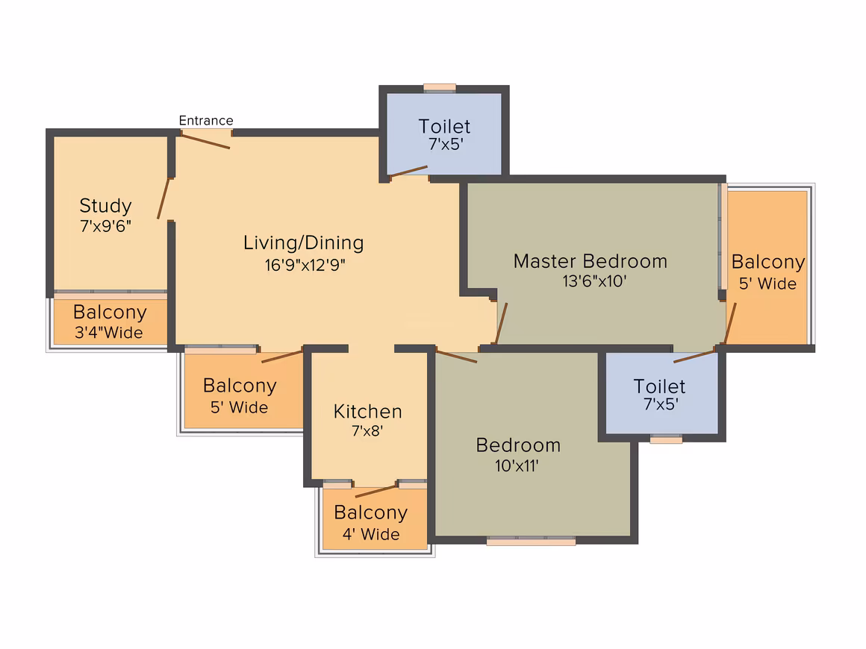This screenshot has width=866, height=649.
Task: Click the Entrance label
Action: click(206, 120)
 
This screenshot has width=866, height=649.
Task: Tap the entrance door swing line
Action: click(205, 141)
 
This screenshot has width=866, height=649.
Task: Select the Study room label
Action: click(105, 206)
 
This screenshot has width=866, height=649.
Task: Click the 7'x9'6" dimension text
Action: click(105, 226)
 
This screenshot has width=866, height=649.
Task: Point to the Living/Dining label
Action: click(304, 243)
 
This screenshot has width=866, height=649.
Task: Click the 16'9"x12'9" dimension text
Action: click(305, 265)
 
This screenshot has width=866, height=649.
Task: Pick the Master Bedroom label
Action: click(591, 261)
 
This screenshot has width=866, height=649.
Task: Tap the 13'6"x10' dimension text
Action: click(594, 281)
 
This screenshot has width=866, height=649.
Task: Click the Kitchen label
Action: click(368, 412)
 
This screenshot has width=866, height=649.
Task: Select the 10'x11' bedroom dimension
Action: click(517, 465)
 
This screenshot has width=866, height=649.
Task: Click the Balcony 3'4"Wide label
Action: click(109, 322)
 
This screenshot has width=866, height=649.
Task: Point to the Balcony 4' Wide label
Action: click(371, 523)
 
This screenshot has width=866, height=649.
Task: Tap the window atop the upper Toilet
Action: click(440, 87)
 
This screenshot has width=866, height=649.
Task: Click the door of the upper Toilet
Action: click(408, 171)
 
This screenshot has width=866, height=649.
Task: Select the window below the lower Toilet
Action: click(666, 439)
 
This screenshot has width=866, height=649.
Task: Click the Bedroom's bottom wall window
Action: click(531, 541)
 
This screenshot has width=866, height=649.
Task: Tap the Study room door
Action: click(163, 198)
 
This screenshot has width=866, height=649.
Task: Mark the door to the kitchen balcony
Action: click(376, 491)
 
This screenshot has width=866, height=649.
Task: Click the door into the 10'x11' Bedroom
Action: click(457, 356)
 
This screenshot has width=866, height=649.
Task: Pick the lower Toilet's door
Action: click(695, 356)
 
